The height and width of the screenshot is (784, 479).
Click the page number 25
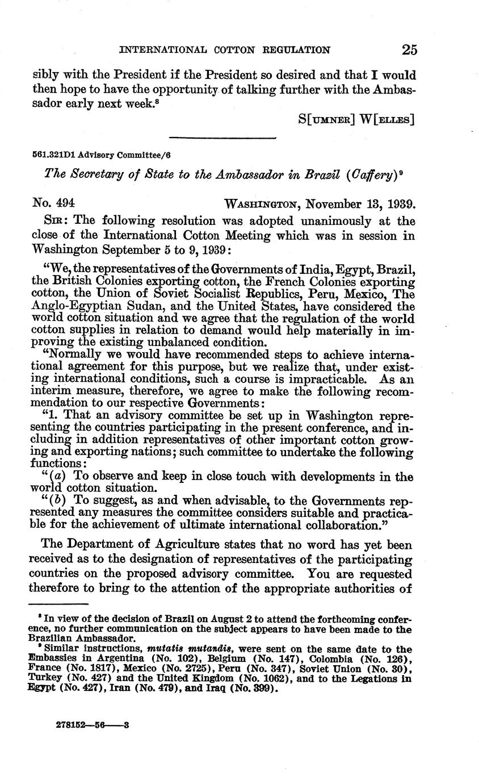tap(409, 49)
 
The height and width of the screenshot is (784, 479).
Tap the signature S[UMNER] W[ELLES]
tap(356, 119)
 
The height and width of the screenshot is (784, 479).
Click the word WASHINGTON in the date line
tap(263, 205)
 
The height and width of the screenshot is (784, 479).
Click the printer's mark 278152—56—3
tap(94, 725)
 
